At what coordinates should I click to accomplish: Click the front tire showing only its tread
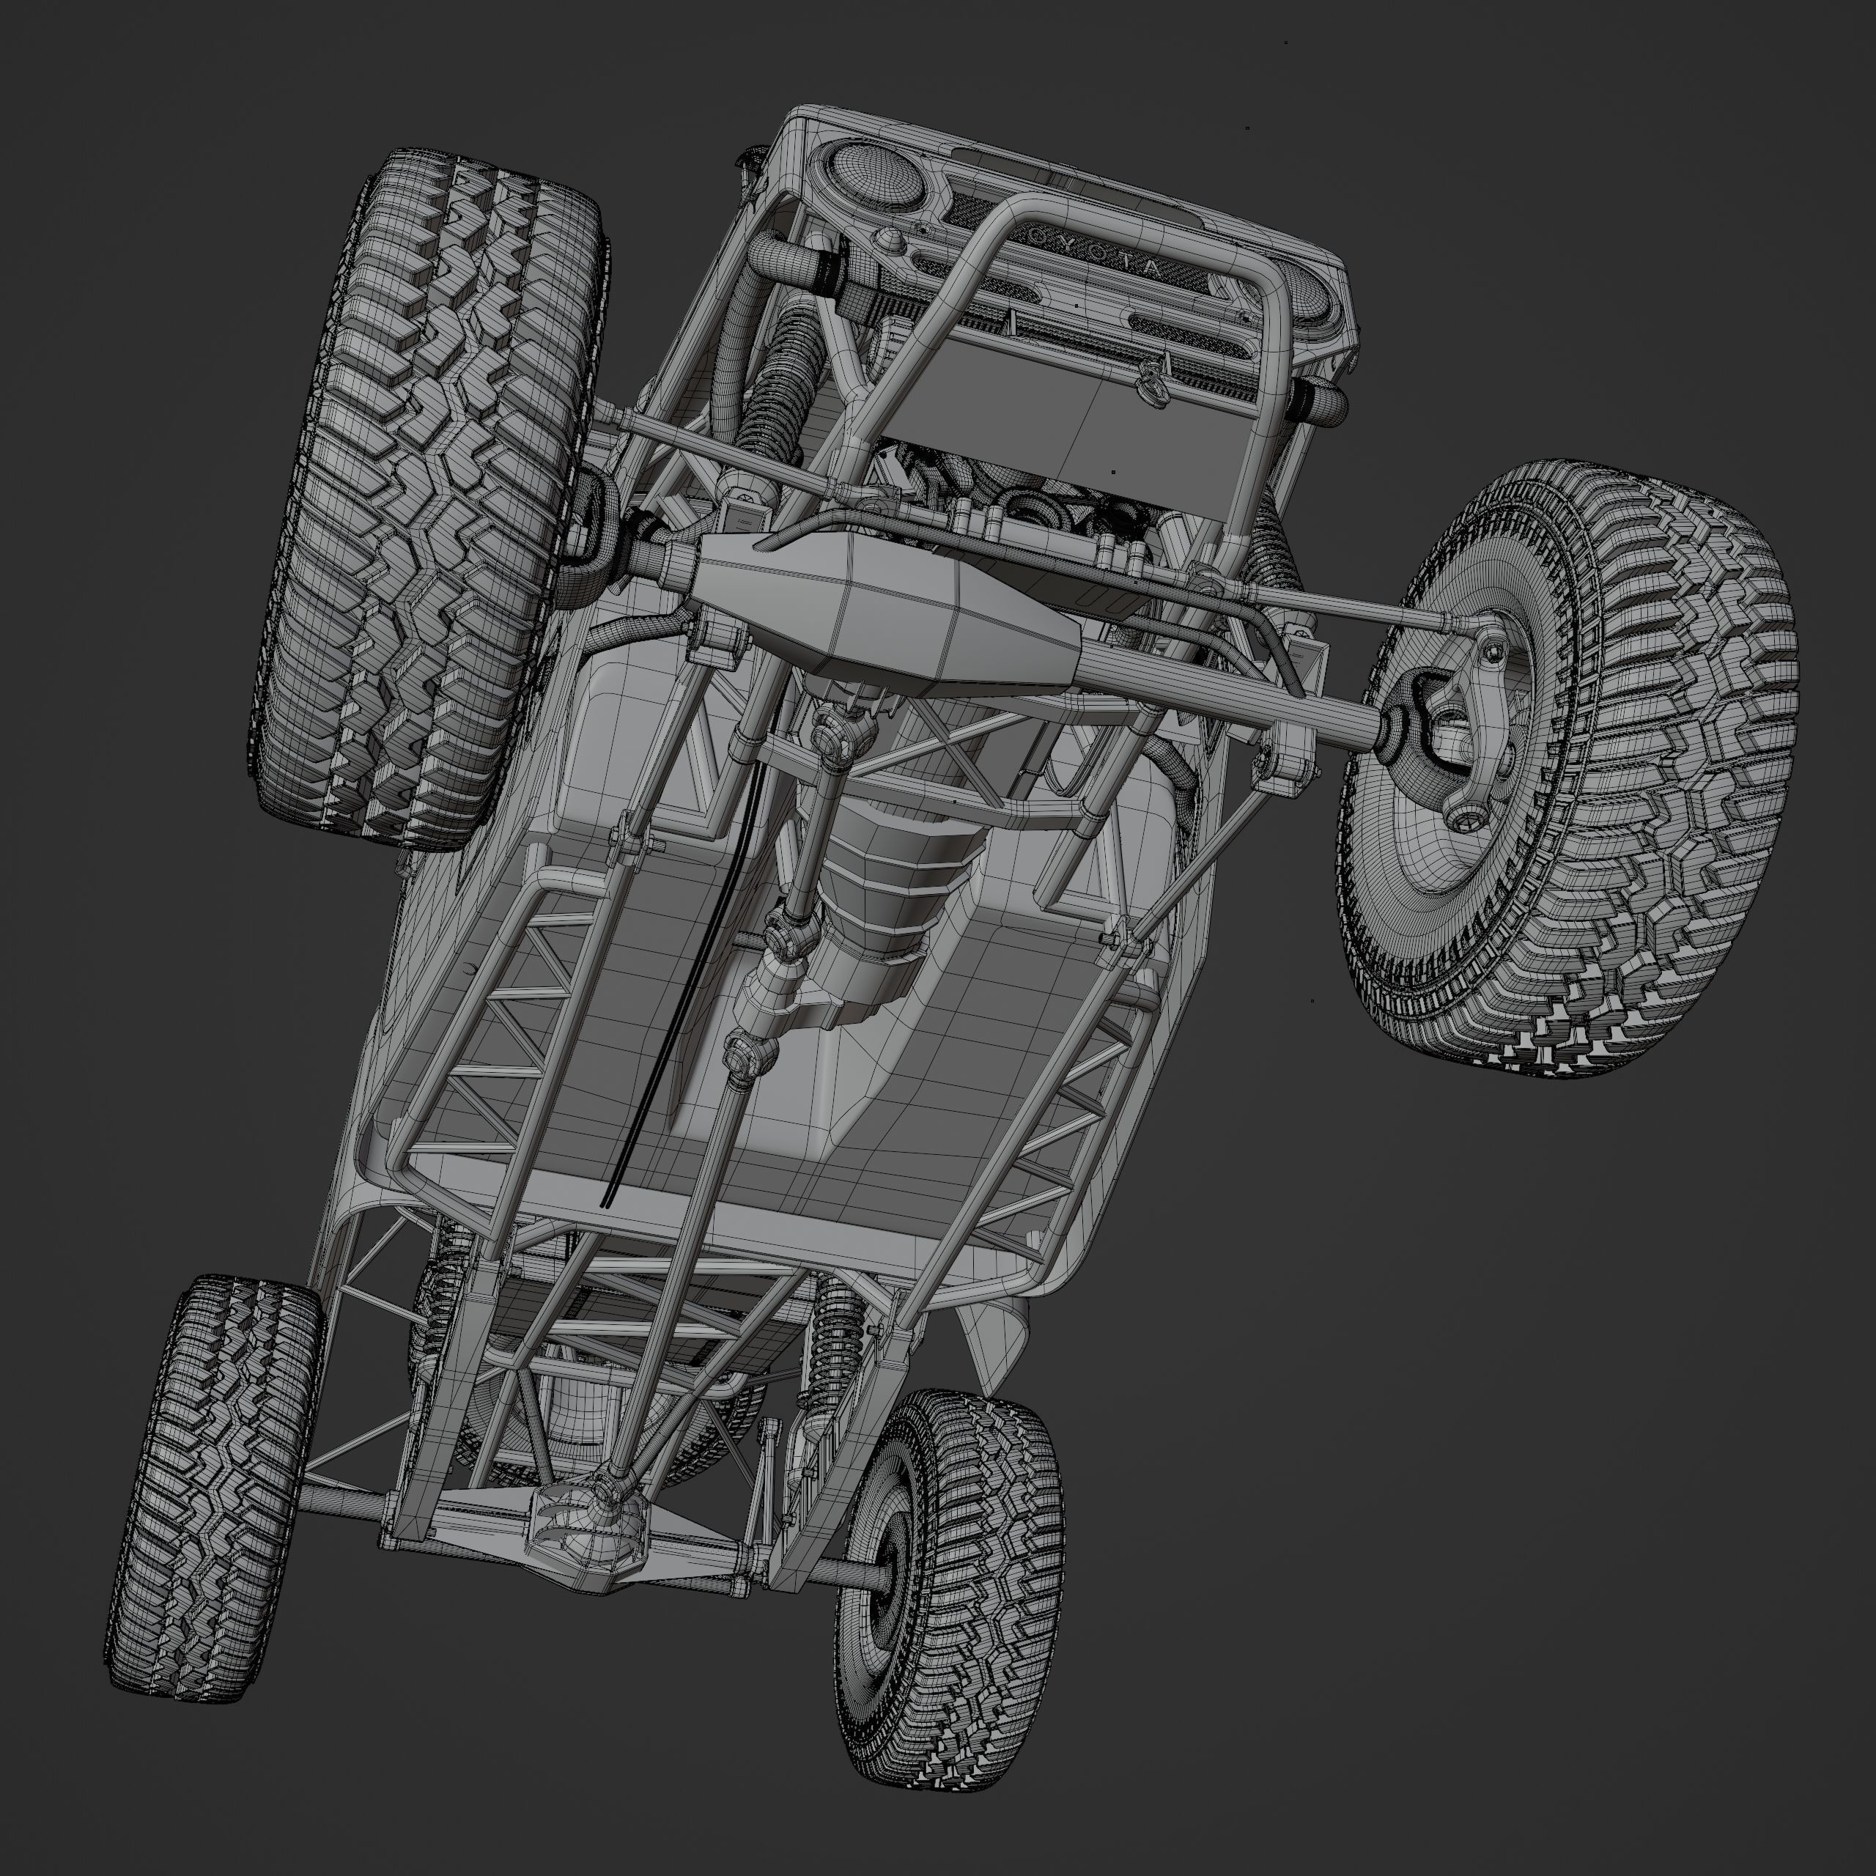click(432, 495)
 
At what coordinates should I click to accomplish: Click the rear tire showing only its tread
click(214, 1485)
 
